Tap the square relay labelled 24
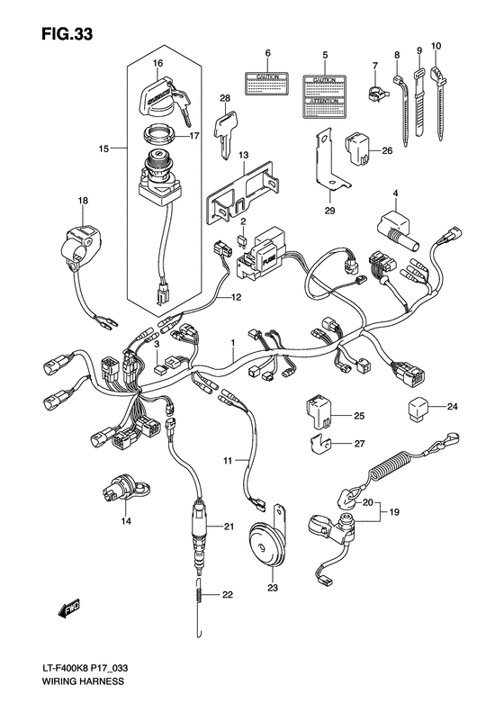[x=420, y=406]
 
